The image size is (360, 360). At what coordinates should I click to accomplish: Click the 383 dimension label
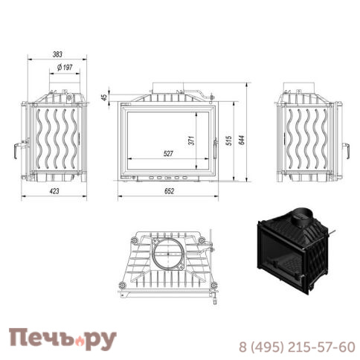[57, 54]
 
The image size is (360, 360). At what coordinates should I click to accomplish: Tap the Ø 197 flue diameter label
[65, 67]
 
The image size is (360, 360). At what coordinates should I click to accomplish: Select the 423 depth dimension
[54, 191]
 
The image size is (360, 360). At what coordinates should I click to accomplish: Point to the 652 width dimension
[169, 191]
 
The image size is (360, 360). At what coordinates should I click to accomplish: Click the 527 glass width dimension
[168, 153]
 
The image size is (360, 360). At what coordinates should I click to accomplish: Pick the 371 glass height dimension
[192, 141]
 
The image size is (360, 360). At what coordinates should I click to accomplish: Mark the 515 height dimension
[229, 141]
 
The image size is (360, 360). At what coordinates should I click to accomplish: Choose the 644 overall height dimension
[242, 140]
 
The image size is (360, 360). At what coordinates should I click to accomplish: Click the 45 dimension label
[105, 97]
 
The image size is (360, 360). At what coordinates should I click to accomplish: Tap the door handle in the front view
[215, 150]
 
